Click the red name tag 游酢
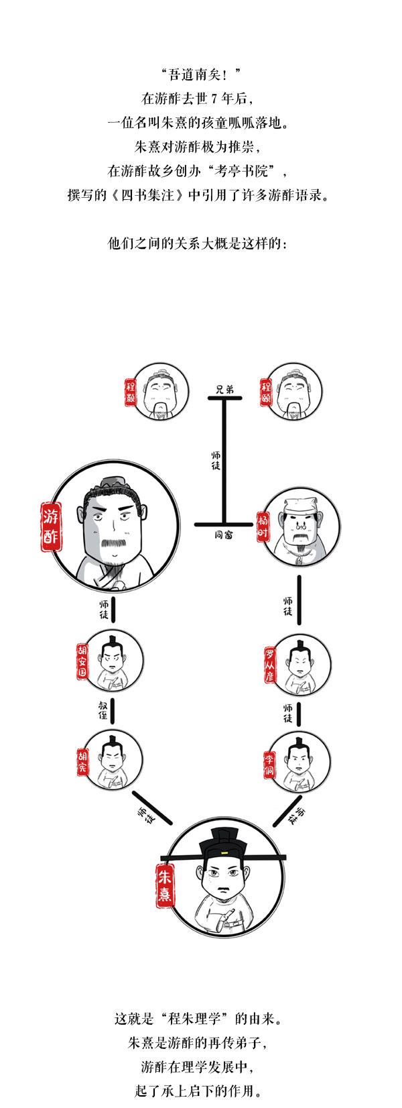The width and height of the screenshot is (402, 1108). [51, 527]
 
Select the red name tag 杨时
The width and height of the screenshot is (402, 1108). [263, 527]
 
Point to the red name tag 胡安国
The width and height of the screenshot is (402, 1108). [82, 661]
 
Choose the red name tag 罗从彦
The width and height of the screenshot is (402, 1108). [269, 665]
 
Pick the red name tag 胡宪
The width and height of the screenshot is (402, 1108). [82, 761]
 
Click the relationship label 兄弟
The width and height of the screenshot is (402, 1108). [224, 389]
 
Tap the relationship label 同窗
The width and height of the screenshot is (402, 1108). [224, 535]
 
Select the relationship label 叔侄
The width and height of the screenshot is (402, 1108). [103, 710]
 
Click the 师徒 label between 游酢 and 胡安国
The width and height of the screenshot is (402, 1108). [103, 609]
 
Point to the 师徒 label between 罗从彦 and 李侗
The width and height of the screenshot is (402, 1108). [287, 713]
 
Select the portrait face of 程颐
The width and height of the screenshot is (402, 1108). [293, 390]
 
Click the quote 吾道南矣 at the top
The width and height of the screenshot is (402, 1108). [200, 74]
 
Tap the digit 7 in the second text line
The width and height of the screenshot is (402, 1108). [214, 99]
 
